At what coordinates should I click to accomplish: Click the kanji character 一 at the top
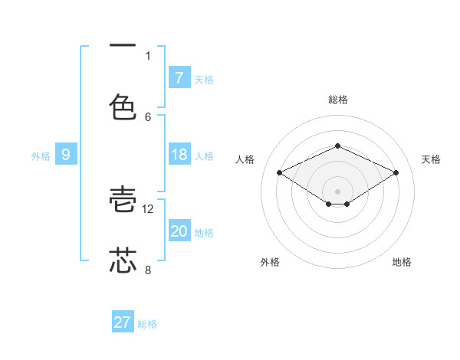pyautogui.click(x=123, y=46)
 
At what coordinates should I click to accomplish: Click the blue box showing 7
pyautogui.click(x=179, y=78)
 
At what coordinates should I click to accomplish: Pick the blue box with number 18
pyautogui.click(x=179, y=155)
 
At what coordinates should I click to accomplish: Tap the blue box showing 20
pyautogui.click(x=179, y=231)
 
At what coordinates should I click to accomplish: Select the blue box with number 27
pyautogui.click(x=123, y=322)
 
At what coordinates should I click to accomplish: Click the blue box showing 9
pyautogui.click(x=66, y=155)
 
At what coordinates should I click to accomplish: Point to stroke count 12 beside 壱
pyautogui.click(x=149, y=208)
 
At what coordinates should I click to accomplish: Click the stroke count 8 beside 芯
pyautogui.click(x=148, y=270)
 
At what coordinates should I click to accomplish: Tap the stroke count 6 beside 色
pyautogui.click(x=148, y=116)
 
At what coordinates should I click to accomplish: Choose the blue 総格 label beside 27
pyautogui.click(x=148, y=323)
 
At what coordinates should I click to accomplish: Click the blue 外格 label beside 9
pyautogui.click(x=41, y=155)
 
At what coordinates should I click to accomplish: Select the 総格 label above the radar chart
pyautogui.click(x=337, y=100)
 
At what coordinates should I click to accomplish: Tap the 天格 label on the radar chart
pyautogui.click(x=431, y=159)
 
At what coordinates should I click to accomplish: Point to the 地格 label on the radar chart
pyautogui.click(x=402, y=262)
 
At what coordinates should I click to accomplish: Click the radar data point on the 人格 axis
pyautogui.click(x=280, y=173)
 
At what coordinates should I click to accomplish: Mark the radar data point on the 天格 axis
pyautogui.click(x=396, y=173)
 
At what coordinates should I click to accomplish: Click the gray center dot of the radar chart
pyautogui.click(x=337, y=191)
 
